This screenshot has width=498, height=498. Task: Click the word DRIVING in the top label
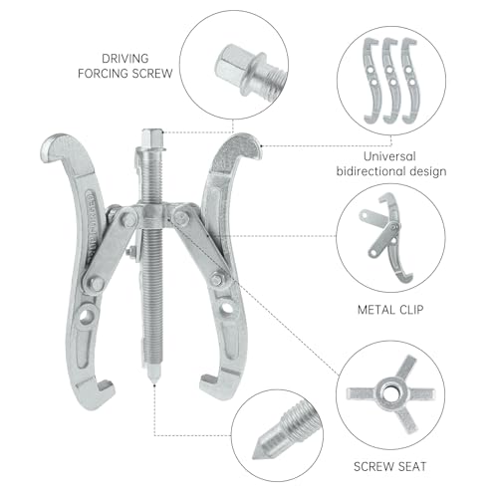(x=125, y=59)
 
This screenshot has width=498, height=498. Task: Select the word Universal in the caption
(x=389, y=156)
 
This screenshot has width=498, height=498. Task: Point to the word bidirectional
(x=371, y=171)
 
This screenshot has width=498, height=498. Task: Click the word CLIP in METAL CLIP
(x=411, y=310)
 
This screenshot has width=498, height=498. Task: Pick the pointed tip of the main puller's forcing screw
(x=153, y=381)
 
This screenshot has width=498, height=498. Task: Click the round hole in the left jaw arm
(x=87, y=315)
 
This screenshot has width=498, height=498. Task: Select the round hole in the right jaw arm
(x=226, y=307)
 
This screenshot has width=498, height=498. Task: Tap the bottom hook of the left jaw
(x=100, y=390)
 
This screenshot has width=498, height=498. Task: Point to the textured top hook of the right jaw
(x=238, y=146)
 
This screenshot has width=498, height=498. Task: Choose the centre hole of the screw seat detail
(x=389, y=394)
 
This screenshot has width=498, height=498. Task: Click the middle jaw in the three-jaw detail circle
(x=392, y=81)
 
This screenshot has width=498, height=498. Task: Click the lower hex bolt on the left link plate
(x=96, y=284)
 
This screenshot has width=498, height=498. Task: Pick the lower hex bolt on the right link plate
(x=217, y=279)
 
